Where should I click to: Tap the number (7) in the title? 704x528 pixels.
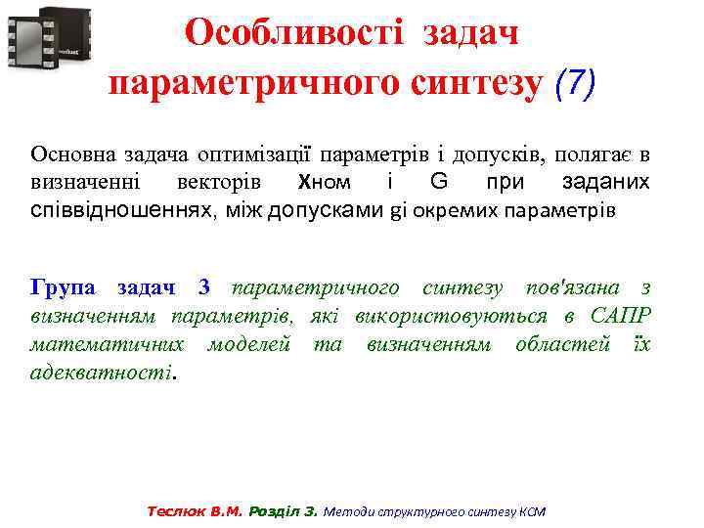coord(574,84)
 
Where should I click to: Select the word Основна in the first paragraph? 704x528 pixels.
coord(71,154)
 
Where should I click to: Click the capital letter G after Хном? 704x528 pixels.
coord(438,182)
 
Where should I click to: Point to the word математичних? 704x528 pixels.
coord(108,344)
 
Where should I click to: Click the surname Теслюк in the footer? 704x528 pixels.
coord(175,511)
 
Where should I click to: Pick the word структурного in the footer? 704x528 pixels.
coord(405,511)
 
